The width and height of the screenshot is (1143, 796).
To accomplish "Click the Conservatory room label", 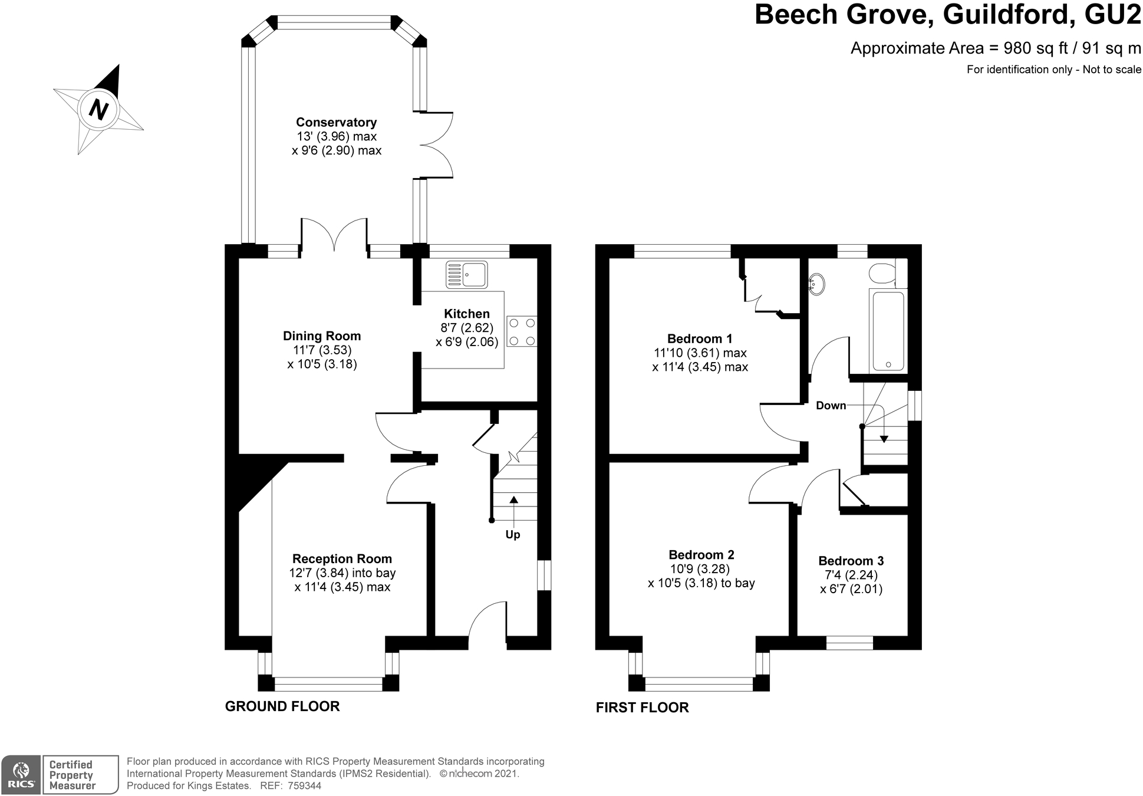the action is tap(336, 123).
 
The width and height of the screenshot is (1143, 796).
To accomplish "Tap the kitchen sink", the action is tap(467, 275).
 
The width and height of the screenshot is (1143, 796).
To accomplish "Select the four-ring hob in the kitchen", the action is tap(522, 332).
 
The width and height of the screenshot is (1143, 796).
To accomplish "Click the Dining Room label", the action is tap(322, 336).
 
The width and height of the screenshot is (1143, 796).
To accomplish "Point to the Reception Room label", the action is tap(342, 559).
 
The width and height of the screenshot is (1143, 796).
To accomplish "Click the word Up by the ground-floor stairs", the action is tap(513, 535).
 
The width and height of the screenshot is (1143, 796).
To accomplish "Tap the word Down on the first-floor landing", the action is tap(831, 406).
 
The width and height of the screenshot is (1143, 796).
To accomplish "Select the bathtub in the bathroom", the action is tap(887, 331).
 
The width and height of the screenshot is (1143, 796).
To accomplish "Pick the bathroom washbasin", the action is tap(816, 284).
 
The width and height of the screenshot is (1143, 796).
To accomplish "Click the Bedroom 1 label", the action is tap(700, 339).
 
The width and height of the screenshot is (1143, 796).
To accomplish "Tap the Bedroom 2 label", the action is tap(701, 555).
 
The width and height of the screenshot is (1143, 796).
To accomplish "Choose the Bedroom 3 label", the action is tap(851, 561).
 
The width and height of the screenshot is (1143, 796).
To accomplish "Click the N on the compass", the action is tap(99, 110).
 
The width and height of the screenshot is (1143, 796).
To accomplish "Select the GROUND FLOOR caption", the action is tap(282, 706).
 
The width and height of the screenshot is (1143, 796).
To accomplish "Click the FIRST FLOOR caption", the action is tap(642, 708).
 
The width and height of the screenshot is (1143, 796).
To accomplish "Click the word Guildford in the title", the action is tap(1006, 14).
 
